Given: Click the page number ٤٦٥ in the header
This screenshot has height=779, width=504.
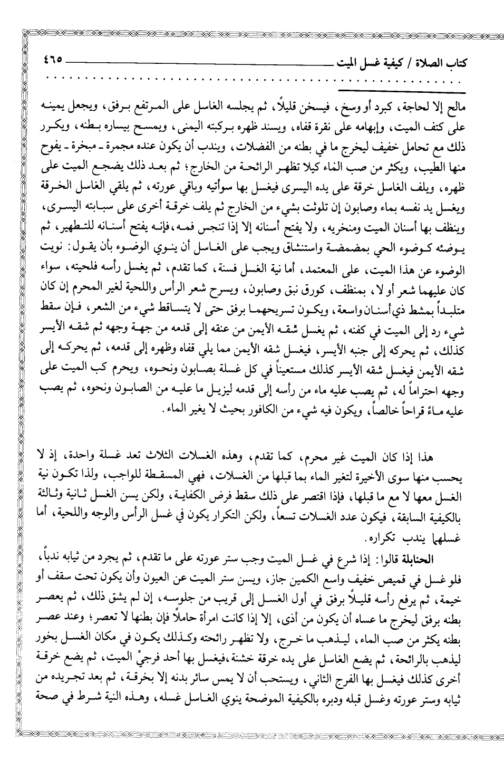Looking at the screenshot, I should pyautogui.click(x=53, y=59).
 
